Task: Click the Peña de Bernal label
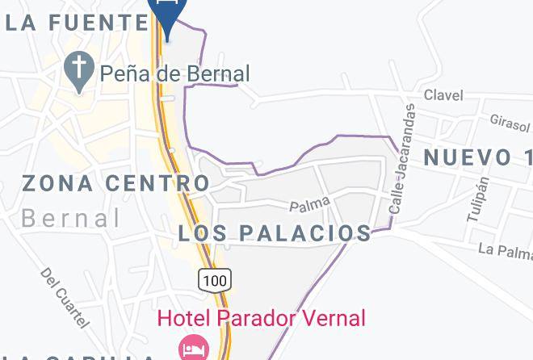pyautogui.click(x=174, y=74)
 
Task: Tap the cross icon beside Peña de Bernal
pyautogui.click(x=79, y=72)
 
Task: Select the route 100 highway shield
pyautogui.click(x=216, y=279)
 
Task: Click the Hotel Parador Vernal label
pyautogui.click(x=261, y=317)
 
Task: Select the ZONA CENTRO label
pyautogui.click(x=116, y=183)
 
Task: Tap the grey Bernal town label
pyautogui.click(x=71, y=218)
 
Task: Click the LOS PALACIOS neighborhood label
pyautogui.click(x=275, y=233)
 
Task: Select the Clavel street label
pyautogui.click(x=443, y=95)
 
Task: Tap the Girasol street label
pyautogui.click(x=510, y=121)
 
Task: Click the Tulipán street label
pyautogui.click(x=477, y=199)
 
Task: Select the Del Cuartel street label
pyautogui.click(x=64, y=297)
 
